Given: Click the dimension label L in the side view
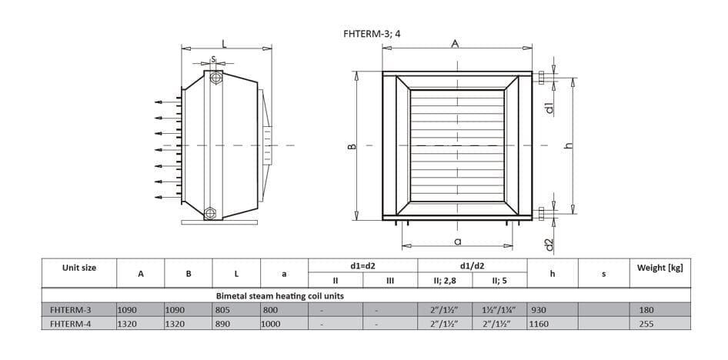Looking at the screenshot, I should click(x=224, y=44).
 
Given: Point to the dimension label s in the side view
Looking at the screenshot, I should click(x=214, y=58).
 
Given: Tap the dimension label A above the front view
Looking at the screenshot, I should click(x=455, y=44).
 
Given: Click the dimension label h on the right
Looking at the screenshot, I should click(x=569, y=146).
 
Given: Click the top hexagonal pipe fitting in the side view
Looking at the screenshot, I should click(x=215, y=78).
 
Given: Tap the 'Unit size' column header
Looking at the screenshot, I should click(x=79, y=268).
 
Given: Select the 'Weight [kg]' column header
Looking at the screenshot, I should click(x=660, y=268).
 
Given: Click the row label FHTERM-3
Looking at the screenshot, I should click(x=70, y=309).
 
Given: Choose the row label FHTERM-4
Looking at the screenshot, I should click(x=70, y=324).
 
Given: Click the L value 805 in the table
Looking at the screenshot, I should click(x=223, y=309).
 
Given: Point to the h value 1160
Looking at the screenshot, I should click(x=540, y=324).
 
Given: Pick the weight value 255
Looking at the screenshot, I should click(x=646, y=324).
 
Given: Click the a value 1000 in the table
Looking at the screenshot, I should click(x=272, y=324).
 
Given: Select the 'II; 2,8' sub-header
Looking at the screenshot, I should click(x=446, y=281).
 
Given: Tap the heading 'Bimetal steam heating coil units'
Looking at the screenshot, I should click(x=279, y=295).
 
